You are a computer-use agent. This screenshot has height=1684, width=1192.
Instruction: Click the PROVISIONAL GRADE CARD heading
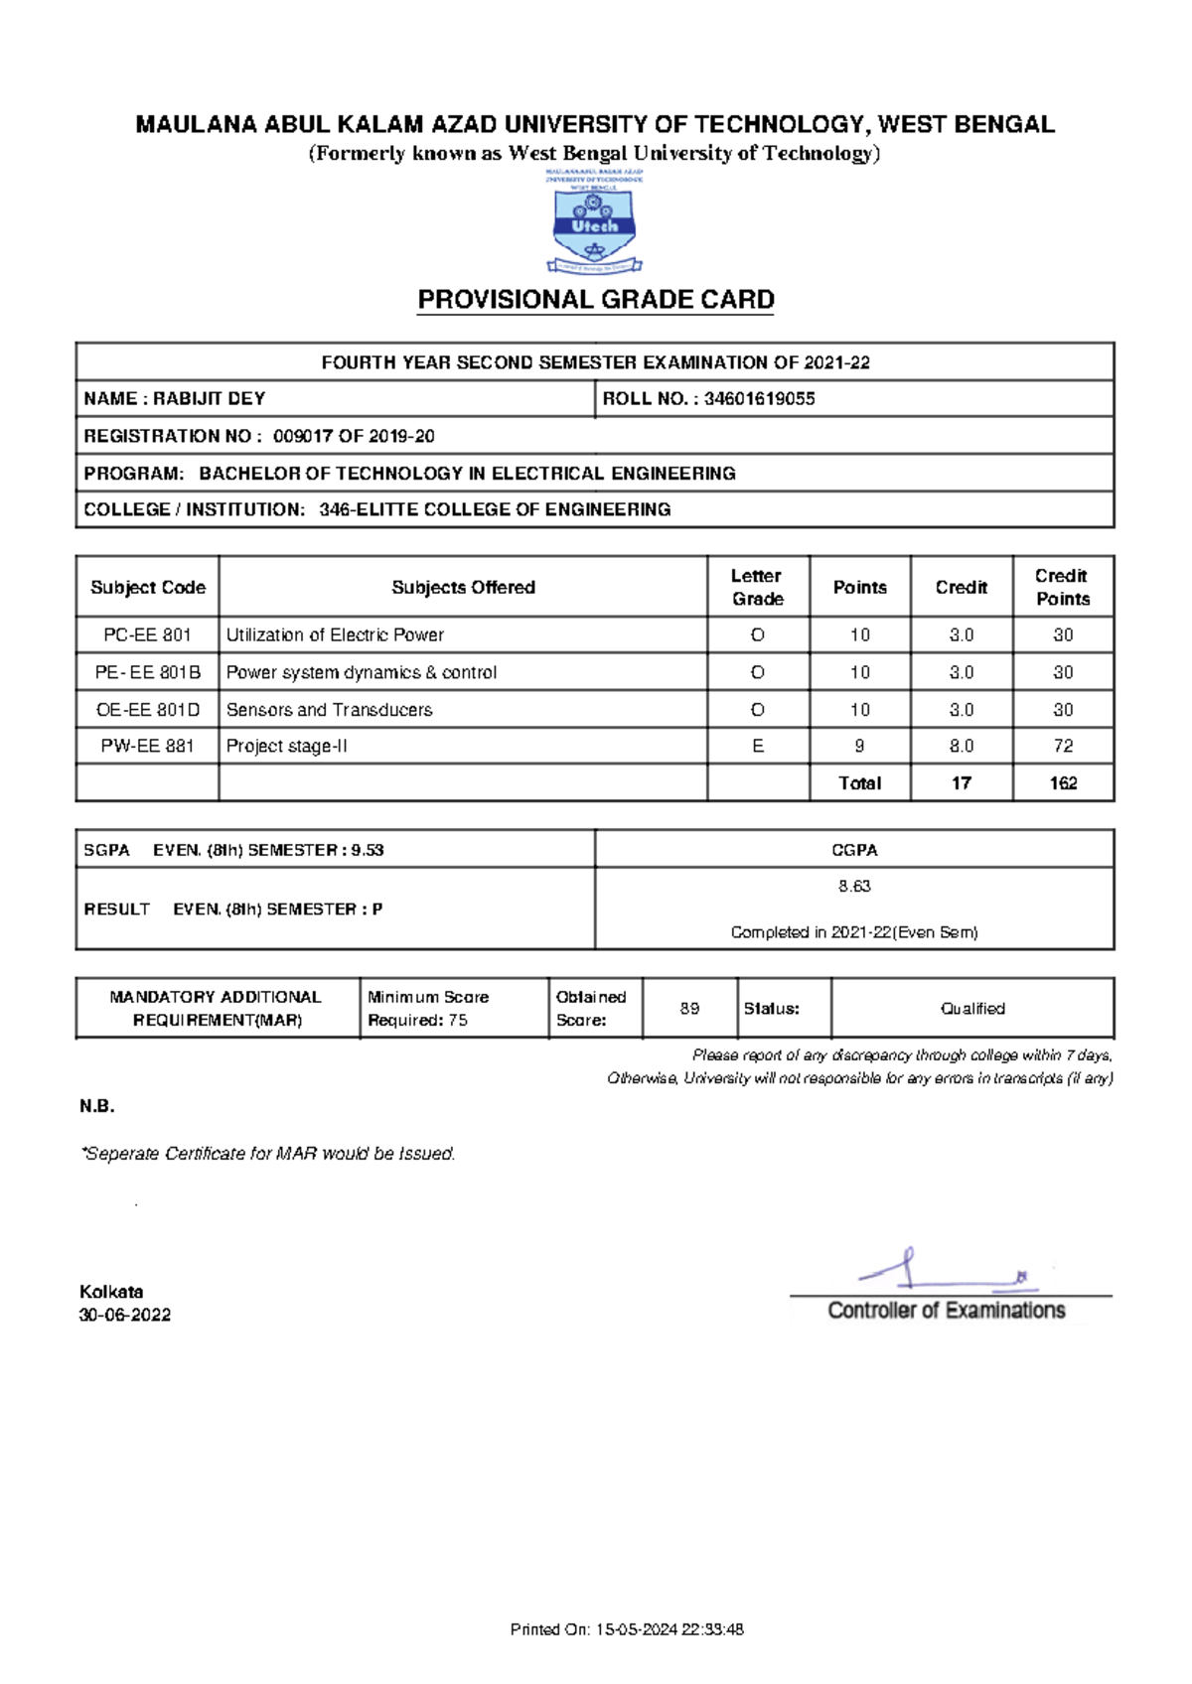click(x=595, y=300)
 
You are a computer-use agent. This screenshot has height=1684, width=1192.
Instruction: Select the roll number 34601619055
click(x=760, y=399)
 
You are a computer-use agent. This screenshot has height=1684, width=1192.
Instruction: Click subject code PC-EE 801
click(x=147, y=634)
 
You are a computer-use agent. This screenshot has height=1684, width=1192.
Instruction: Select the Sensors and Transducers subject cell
click(x=329, y=710)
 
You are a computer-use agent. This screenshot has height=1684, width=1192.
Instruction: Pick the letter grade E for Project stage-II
click(x=758, y=746)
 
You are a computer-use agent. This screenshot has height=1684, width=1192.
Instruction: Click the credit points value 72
click(x=1063, y=746)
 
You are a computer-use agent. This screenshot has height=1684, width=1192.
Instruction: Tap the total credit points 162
click(x=1063, y=783)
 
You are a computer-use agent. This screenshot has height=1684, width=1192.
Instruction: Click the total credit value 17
click(x=961, y=783)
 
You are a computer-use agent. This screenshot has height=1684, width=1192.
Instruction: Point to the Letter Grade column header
click(x=758, y=587)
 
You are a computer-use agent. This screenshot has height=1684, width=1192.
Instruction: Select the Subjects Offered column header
click(x=463, y=587)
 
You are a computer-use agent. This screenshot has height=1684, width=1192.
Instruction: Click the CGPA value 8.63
click(x=854, y=886)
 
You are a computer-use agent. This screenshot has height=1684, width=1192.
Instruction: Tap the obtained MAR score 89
click(x=689, y=1008)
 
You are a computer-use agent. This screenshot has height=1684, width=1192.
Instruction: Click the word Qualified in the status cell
click(x=972, y=1008)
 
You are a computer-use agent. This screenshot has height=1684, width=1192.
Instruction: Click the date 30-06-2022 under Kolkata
click(x=125, y=1315)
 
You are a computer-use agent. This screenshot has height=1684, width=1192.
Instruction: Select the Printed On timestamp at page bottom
click(x=627, y=1629)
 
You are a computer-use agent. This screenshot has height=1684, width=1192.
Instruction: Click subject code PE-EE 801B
click(x=147, y=672)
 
